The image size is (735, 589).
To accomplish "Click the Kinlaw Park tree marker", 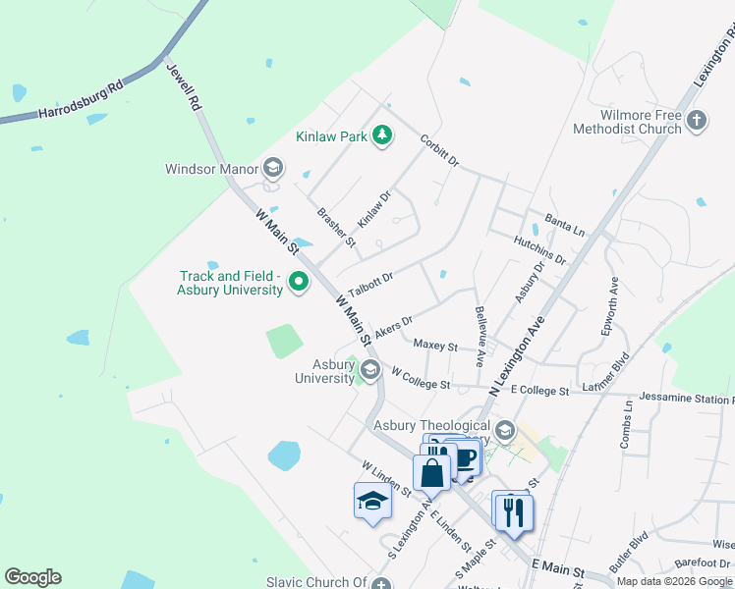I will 382,136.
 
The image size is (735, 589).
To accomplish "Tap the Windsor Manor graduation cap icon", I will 272,169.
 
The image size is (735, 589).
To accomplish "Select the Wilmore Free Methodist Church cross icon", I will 696,121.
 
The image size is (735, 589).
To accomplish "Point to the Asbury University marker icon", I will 369,370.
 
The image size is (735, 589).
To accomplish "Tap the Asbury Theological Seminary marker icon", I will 505,429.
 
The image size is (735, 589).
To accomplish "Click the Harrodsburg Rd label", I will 81,100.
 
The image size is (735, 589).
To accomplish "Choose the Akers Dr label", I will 393,327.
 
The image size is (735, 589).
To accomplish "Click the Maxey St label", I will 435,346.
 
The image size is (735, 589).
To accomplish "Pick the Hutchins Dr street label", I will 539,250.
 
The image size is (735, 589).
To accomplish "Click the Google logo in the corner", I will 32,577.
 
